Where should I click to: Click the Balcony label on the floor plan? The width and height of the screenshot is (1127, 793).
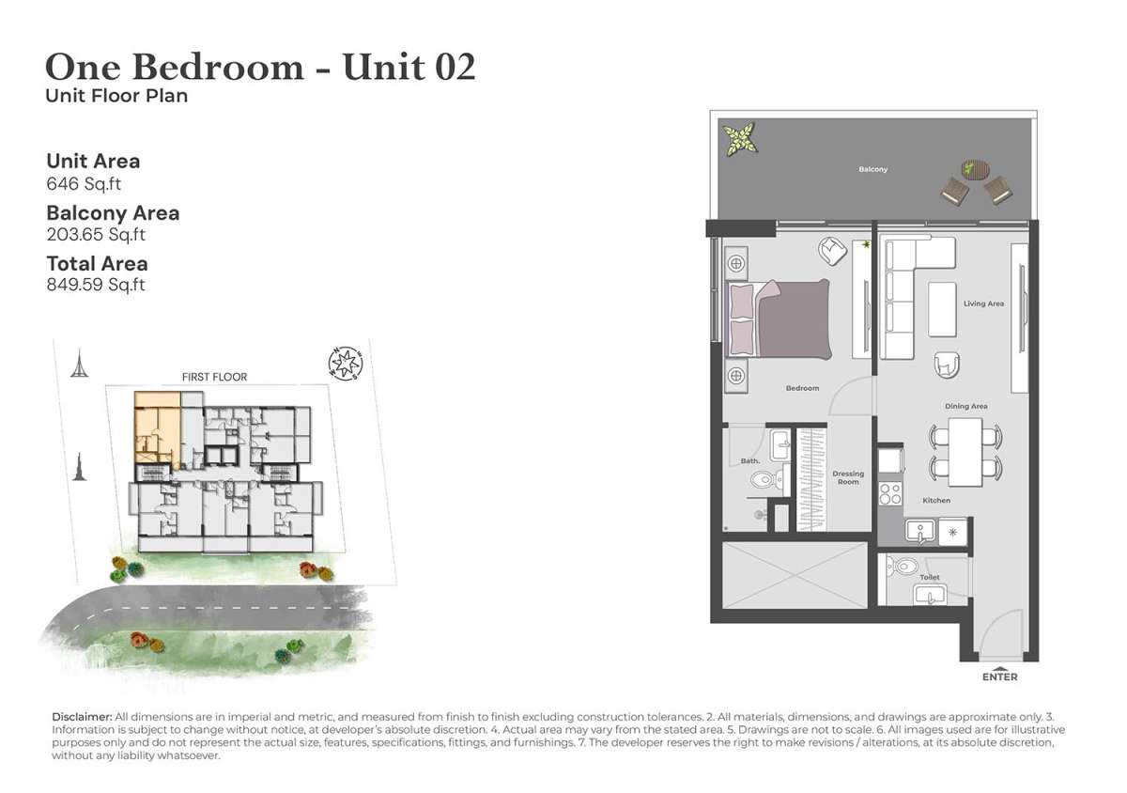[872, 169]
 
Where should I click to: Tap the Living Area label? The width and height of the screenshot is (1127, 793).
[983, 303]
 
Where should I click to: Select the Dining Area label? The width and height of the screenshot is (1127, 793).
[966, 406]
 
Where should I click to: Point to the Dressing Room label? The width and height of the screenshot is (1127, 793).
[848, 477]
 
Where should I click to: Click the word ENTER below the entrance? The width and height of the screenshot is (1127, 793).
[999, 677]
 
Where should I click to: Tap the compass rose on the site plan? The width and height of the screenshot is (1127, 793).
[346, 363]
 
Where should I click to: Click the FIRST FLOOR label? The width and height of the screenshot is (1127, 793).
[214, 377]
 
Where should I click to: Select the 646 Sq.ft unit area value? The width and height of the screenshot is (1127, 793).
[84, 184]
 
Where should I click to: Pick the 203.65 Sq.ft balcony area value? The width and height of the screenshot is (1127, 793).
[96, 235]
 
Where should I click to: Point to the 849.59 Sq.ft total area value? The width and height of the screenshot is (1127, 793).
[96, 285]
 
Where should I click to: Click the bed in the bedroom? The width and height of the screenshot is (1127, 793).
[779, 319]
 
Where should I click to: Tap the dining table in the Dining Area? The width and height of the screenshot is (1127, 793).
[965, 452]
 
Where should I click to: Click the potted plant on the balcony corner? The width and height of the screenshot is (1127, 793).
[740, 138]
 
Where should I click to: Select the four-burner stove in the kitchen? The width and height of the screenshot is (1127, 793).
[890, 493]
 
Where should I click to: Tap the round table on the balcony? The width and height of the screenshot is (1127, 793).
[975, 169]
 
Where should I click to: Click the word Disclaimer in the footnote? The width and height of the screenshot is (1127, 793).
[82, 717]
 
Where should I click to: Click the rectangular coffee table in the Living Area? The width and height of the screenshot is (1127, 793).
[942, 309]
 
